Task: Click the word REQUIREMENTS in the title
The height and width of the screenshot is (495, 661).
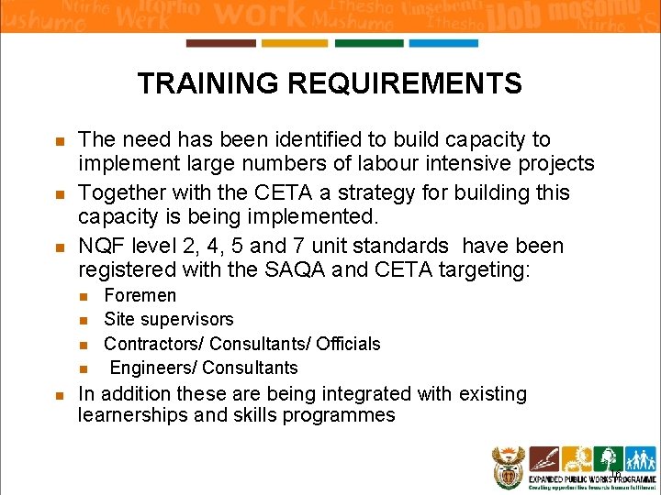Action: [405, 84]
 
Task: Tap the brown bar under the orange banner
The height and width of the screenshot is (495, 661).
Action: [220, 43]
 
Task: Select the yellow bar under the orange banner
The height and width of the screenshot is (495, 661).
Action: [294, 43]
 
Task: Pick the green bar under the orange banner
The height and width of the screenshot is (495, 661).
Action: [368, 43]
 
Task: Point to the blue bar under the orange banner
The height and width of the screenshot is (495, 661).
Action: [443, 43]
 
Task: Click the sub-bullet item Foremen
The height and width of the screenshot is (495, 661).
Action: [140, 295]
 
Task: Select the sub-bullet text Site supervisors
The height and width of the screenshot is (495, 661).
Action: [169, 319]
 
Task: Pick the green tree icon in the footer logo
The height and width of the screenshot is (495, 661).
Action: [607, 458]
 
